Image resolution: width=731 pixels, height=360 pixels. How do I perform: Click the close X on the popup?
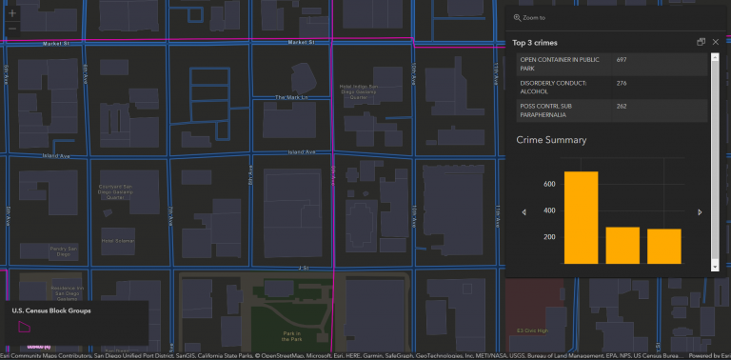[x=716, y=42]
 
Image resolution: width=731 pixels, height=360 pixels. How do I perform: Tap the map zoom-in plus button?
[x=11, y=13]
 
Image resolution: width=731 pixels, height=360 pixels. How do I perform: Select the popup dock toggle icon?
[x=701, y=42]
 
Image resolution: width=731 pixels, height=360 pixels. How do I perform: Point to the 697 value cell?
[x=622, y=60]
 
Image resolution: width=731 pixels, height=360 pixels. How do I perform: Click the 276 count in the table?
[x=622, y=84]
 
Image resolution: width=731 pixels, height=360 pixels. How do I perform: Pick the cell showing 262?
[x=622, y=106]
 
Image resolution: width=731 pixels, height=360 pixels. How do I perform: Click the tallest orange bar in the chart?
[x=582, y=217]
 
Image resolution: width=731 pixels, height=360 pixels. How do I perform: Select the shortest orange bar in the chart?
[x=664, y=246]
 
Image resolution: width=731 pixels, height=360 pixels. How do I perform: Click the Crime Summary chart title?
[x=551, y=140]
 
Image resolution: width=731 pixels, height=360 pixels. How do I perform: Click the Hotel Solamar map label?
[x=119, y=241]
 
